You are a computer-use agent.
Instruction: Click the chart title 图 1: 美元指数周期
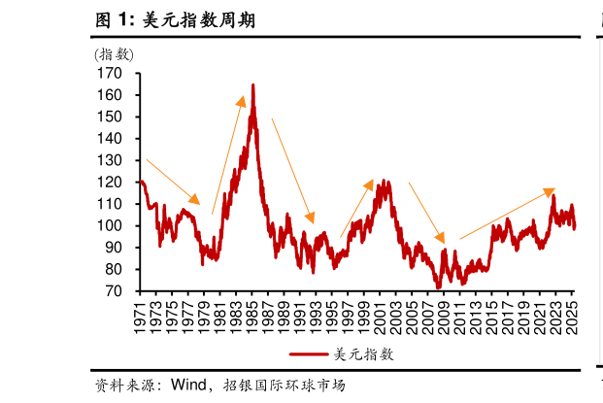click(x=175, y=18)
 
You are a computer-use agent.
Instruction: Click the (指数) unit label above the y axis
click(x=115, y=54)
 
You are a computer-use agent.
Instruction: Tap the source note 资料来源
click(x=132, y=384)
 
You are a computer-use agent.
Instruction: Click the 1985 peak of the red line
click(x=253, y=86)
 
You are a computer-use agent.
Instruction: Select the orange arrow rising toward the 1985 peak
click(x=228, y=155)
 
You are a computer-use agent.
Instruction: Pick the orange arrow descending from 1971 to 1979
click(x=173, y=182)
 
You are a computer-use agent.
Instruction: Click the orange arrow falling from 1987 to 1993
click(x=292, y=171)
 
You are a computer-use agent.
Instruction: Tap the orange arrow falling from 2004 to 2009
click(x=426, y=213)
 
